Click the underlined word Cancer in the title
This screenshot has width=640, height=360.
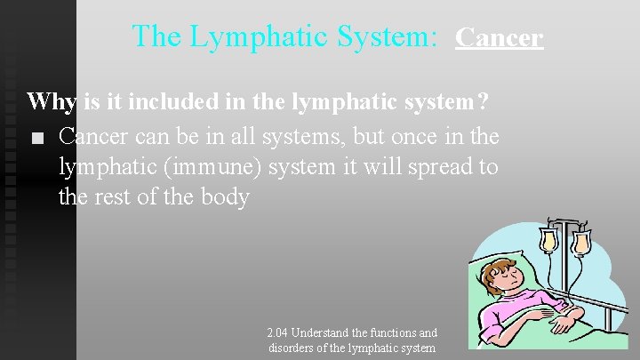pos(499,37)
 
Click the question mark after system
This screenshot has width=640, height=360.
pos(482,101)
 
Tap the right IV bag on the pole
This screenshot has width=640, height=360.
pos(580,242)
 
